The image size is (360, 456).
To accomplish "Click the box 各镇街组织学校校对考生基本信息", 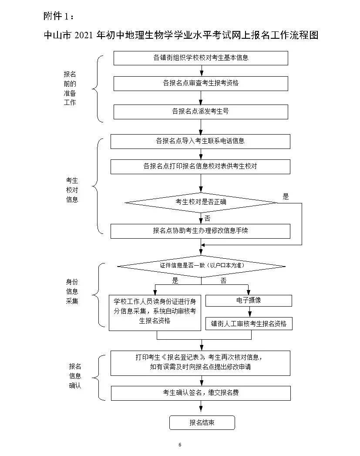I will point(201,58).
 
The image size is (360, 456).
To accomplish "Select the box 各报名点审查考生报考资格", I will point(201,83).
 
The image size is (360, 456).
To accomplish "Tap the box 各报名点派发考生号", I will point(201,111).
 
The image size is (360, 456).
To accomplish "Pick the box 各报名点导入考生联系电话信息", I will point(200,141).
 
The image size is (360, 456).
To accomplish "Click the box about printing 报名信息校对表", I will point(200,166).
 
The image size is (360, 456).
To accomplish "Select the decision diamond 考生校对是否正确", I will point(201,202).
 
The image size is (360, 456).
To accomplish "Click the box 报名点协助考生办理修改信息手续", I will point(200,231).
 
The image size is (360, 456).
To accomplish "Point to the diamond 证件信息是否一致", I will point(201,266).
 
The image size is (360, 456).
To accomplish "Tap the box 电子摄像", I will point(249,301).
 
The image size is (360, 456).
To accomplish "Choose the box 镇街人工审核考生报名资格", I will point(249,324).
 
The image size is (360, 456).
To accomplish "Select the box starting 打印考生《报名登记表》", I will point(200,362).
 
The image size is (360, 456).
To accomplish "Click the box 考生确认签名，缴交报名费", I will point(200,393).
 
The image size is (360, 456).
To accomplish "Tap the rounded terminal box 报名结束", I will point(202,422).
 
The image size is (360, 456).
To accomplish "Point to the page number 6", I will point(180,445).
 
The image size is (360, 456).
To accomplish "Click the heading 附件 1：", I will point(59,17).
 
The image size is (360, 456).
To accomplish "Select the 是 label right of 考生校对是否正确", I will point(286,196).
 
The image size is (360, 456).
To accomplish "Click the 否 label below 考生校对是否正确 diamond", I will point(207,218).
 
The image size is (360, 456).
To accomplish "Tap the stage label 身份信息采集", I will point(72,291).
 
